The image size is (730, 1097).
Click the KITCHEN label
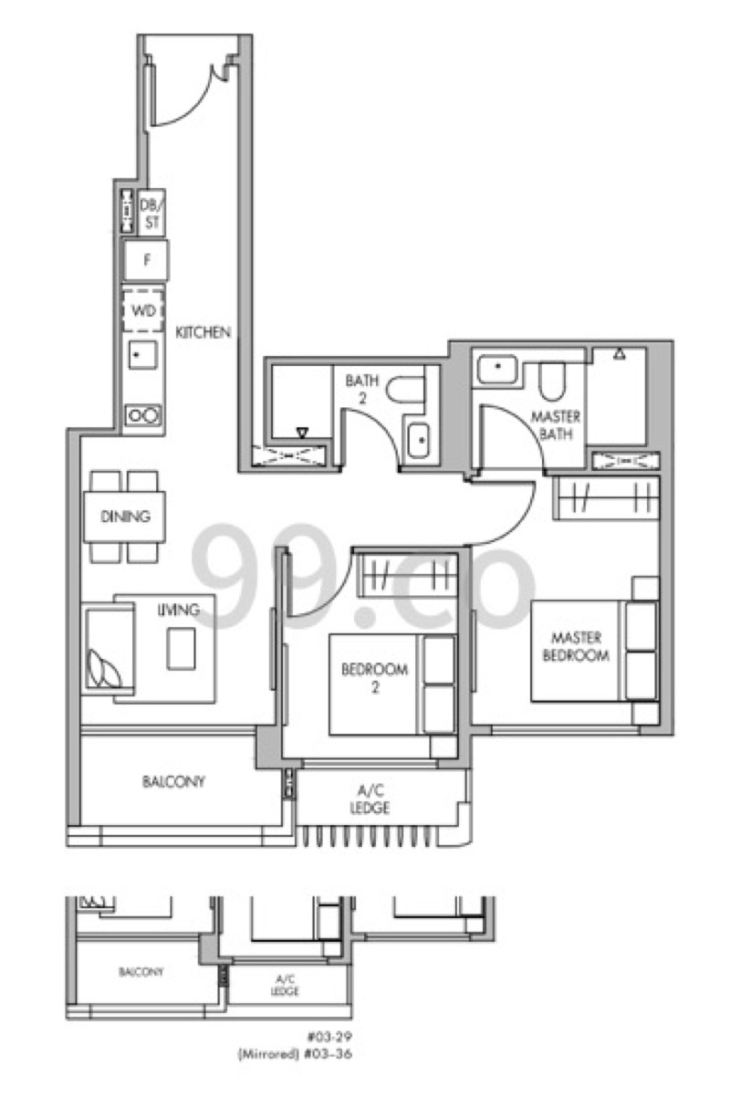tap(203, 332)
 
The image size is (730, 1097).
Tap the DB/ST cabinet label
tap(151, 213)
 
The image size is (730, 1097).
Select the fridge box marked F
tap(146, 260)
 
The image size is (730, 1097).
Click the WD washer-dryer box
tap(143, 310)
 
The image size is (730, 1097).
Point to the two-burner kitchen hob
tap(143, 415)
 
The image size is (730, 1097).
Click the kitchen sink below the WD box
tap(143, 355)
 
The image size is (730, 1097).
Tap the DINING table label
tap(125, 517)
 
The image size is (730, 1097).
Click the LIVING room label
tap(179, 610)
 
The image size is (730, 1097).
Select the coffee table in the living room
tap(182, 649)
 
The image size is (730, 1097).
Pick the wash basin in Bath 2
tap(419, 440)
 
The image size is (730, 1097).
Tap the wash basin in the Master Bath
tap(497, 369)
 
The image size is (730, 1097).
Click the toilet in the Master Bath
tap(552, 380)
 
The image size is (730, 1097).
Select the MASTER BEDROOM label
tap(577, 646)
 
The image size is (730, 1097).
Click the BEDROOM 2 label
tap(374, 678)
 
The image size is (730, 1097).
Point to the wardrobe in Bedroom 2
tap(407, 576)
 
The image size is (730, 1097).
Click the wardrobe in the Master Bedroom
tap(606, 498)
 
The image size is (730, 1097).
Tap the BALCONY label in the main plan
tap(173, 781)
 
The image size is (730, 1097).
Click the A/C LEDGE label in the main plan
tap(370, 799)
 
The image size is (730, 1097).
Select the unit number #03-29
tap(329, 1037)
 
